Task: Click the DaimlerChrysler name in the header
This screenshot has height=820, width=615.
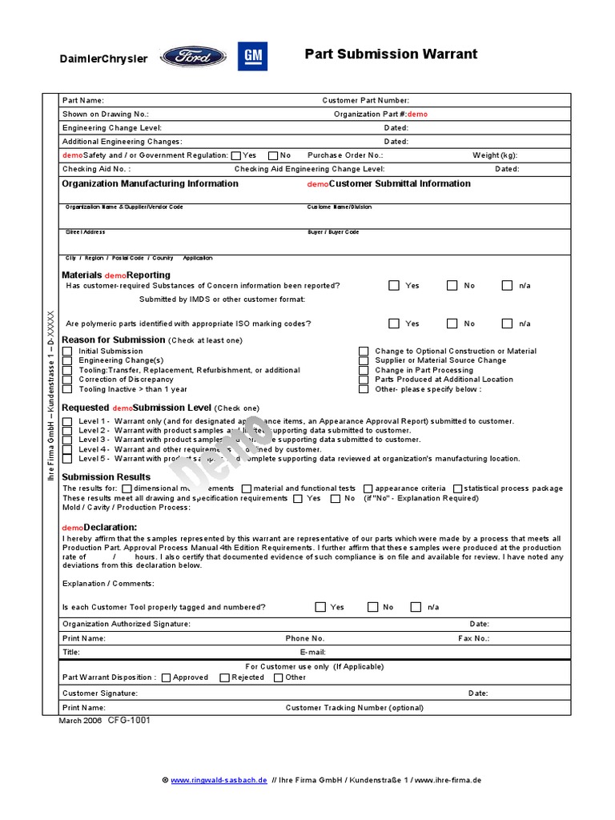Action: pos(104,59)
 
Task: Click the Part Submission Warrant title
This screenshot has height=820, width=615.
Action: pos(391,54)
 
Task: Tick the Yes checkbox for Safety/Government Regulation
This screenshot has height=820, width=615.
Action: pos(235,155)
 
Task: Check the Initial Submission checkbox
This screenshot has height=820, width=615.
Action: pos(67,352)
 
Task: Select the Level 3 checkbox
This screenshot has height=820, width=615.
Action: pos(67,440)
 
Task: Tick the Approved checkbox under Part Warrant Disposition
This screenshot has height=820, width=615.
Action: pos(166,677)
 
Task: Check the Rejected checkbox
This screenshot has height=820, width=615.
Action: pos(225,677)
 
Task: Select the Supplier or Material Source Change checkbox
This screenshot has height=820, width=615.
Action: pos(364,361)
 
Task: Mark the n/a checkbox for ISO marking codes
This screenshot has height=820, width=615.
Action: pos(507,324)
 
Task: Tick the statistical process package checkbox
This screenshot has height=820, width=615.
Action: pos(457,488)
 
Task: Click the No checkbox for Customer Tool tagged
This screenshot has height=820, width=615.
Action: pos(372,607)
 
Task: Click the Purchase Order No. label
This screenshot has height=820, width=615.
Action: pos(345,155)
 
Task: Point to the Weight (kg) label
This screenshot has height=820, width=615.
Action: pos(495,155)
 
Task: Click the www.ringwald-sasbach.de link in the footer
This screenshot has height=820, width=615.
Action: pos(218,780)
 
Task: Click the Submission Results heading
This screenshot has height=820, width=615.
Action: pos(106,477)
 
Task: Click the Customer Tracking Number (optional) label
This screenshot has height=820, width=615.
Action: pos(354,708)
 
